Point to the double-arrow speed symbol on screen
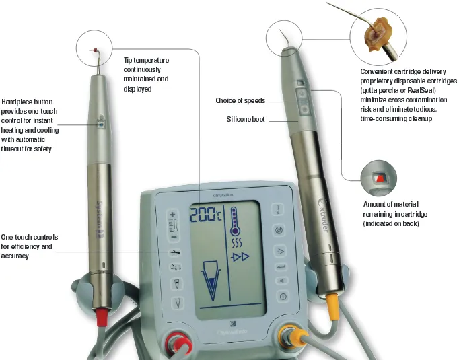(x=242, y=257)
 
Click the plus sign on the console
(x=173, y=215)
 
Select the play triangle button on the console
(x=282, y=252)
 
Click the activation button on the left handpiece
(x=100, y=124)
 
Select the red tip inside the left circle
(x=96, y=49)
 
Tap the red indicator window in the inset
(x=379, y=178)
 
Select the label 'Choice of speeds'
(x=240, y=101)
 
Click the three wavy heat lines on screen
(x=236, y=241)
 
